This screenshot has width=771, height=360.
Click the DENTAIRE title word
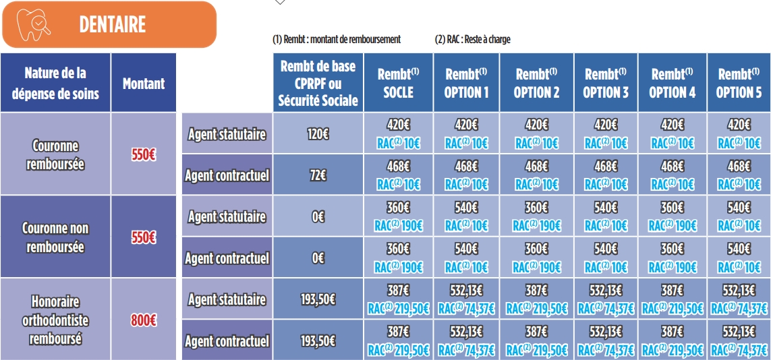click(x=113, y=24)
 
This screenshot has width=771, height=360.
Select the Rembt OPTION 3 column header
click(x=606, y=83)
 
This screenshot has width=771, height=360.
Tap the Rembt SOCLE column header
click(x=399, y=83)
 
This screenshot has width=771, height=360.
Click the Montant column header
click(x=144, y=84)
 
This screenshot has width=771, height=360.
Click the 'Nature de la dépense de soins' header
click(x=55, y=83)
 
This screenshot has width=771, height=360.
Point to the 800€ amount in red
click(x=144, y=320)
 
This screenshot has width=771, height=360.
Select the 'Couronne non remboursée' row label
click(x=55, y=237)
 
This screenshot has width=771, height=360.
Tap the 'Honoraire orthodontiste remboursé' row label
click(x=55, y=320)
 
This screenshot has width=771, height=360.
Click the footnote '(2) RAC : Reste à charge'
click(x=472, y=40)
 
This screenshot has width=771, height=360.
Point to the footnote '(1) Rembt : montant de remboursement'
click(x=337, y=40)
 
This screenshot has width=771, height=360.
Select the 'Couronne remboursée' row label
click(x=55, y=154)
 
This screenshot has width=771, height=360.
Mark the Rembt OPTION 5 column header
click(x=739, y=83)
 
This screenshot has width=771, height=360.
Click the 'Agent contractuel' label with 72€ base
click(x=227, y=175)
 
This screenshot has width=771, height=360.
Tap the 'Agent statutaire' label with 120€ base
click(x=227, y=133)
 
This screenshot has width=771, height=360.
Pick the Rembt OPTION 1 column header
click(x=467, y=83)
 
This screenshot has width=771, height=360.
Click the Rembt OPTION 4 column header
click(x=673, y=83)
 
